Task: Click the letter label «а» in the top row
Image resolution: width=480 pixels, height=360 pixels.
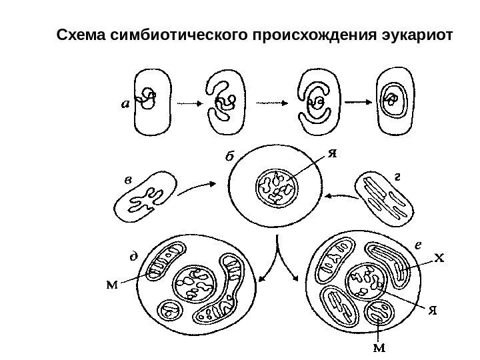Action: [x=126, y=103]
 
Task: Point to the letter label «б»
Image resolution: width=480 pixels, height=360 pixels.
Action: [x=229, y=158]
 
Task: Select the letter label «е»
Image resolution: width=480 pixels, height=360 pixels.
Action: [x=417, y=245]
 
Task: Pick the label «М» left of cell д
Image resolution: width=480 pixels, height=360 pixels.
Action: [x=113, y=285]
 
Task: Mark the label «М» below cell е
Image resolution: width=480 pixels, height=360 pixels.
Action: [x=379, y=347]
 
